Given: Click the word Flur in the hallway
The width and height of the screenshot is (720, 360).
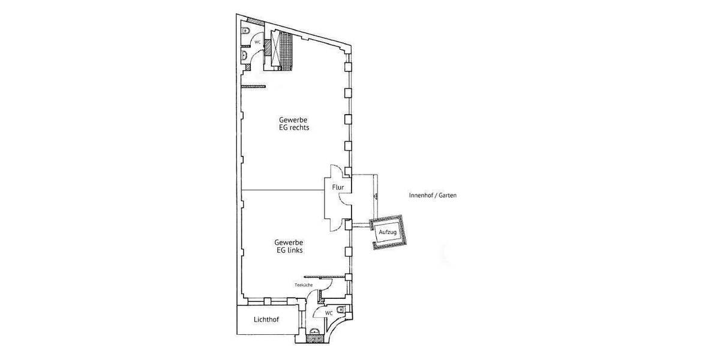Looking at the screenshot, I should coord(338,187).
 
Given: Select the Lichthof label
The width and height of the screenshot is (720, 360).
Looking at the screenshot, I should coord(266,320).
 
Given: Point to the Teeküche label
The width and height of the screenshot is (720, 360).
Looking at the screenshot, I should coord(303,285).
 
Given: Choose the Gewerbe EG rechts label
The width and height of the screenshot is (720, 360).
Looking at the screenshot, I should coord(293,123).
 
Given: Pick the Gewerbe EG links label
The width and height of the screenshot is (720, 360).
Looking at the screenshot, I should coord(290,246).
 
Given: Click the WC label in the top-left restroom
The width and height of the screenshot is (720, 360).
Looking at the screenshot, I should coord(257,43).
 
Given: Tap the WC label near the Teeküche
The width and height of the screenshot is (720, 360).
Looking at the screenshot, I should coord(329,313).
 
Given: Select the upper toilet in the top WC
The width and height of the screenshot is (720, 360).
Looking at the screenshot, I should coord(245,30).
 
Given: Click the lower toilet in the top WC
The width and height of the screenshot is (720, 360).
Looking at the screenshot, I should coord(245,55).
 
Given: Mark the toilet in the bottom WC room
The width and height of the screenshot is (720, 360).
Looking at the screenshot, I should coord(341,310).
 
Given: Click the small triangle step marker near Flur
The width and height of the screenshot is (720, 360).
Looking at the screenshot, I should coord(374,196).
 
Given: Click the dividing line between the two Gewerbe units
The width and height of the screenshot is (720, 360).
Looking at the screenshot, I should coord(282,190).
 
